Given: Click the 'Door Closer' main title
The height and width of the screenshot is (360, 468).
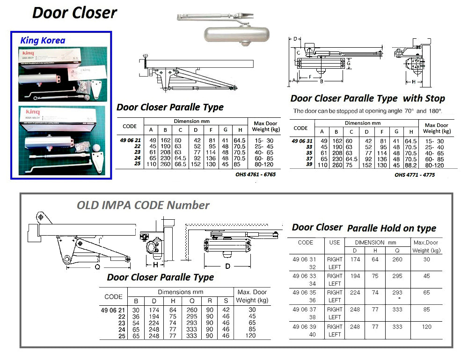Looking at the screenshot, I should [75, 13].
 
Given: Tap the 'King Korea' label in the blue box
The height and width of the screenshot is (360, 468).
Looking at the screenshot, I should [43, 41].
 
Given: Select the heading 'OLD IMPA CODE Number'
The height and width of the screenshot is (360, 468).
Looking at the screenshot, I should [143, 205].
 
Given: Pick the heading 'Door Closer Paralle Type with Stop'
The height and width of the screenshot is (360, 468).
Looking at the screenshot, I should [367, 99].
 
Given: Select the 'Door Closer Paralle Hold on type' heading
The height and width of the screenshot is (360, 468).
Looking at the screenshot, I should [364, 228].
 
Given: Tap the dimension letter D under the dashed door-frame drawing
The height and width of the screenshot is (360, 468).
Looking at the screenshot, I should [227, 266].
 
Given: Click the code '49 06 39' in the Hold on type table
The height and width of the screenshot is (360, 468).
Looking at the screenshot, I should [306, 326].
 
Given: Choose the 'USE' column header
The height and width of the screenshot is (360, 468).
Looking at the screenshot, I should [335, 243].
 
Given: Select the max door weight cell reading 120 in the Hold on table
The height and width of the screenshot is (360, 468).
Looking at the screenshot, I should [427, 327].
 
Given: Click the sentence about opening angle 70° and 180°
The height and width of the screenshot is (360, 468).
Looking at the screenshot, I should [367, 111].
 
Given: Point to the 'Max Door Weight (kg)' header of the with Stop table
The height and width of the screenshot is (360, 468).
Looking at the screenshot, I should [436, 128].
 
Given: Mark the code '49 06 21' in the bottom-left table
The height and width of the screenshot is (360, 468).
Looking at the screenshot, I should [113, 310].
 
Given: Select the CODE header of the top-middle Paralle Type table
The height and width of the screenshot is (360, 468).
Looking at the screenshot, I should [129, 126].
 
